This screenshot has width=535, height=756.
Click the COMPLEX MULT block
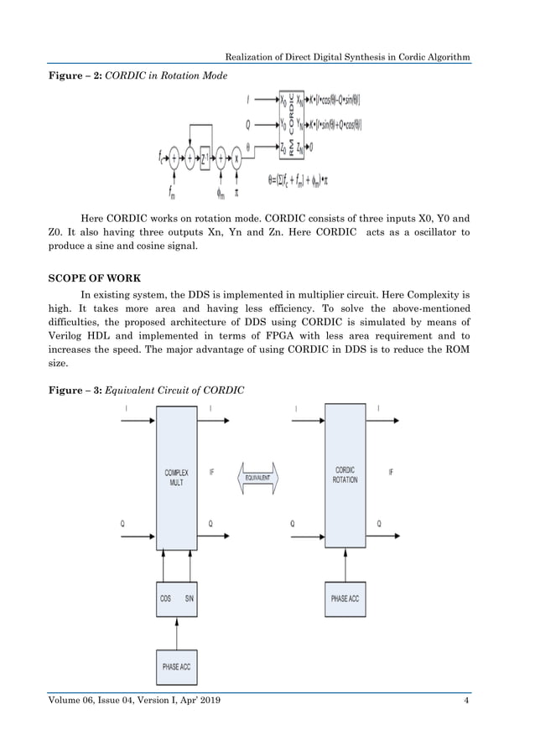[x=176, y=478]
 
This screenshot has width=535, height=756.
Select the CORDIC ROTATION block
[x=345, y=475]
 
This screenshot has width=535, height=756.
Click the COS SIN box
[x=176, y=598]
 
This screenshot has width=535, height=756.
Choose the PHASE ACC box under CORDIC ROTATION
[x=345, y=598]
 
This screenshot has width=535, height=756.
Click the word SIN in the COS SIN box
[x=190, y=598]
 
